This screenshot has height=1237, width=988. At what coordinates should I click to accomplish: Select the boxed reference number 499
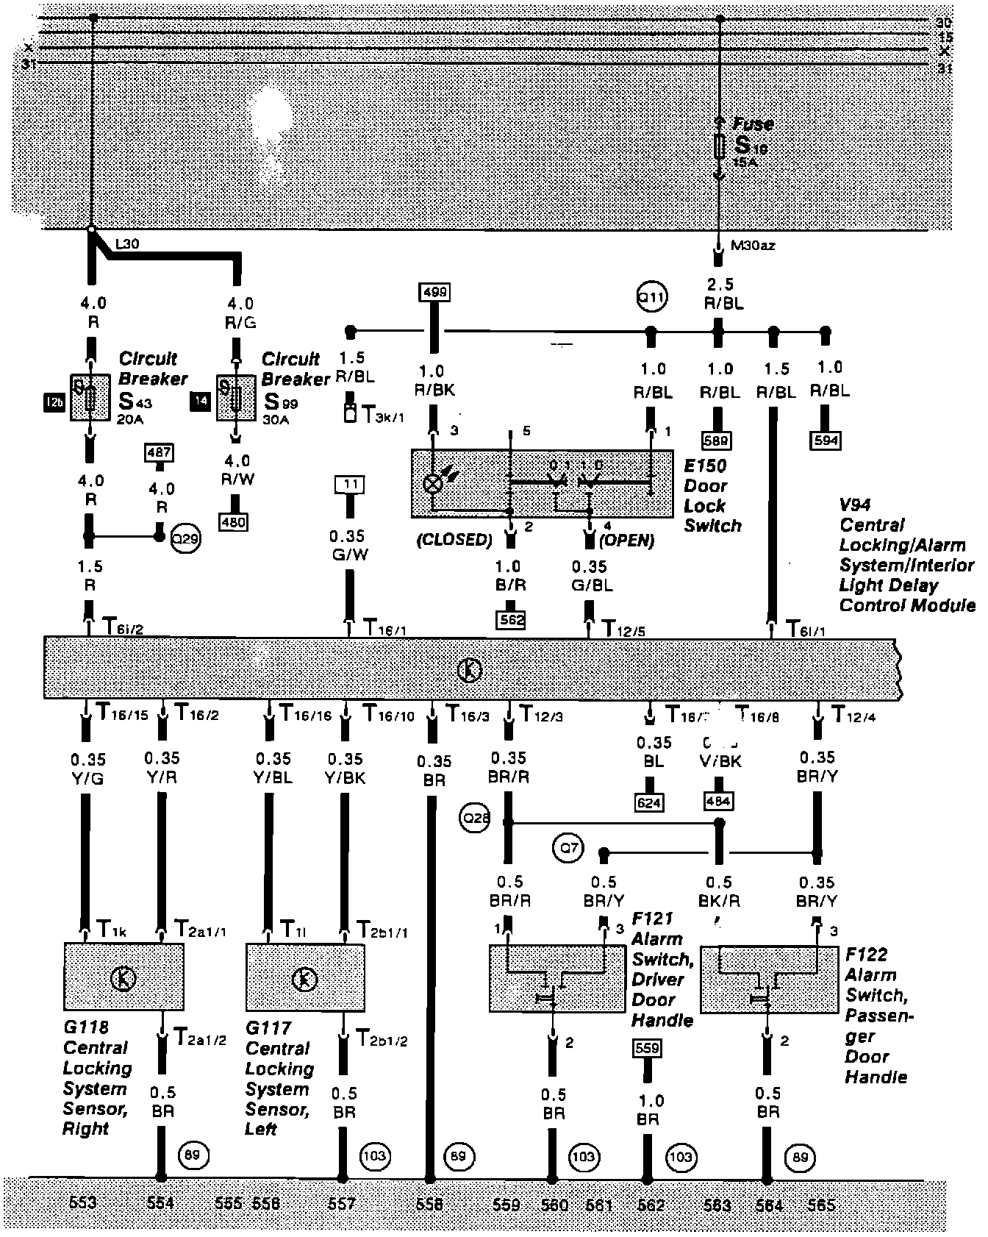click(434, 291)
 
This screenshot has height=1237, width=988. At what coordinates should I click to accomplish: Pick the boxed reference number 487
click(160, 452)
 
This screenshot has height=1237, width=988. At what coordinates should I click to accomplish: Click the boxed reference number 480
click(234, 522)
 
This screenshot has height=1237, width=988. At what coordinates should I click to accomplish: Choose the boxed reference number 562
click(511, 619)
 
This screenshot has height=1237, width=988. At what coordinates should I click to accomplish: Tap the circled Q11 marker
click(651, 298)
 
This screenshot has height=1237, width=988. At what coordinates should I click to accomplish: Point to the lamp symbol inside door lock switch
click(434, 483)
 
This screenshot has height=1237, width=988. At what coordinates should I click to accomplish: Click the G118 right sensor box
click(124, 977)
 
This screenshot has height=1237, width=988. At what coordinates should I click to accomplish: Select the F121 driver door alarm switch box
click(546, 978)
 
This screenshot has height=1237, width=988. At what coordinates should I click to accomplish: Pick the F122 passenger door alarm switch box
click(769, 979)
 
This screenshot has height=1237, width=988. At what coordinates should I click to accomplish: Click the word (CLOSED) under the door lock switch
click(454, 540)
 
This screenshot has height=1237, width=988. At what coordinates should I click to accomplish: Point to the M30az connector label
click(753, 245)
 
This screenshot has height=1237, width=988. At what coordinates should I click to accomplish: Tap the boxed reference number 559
click(647, 1047)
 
